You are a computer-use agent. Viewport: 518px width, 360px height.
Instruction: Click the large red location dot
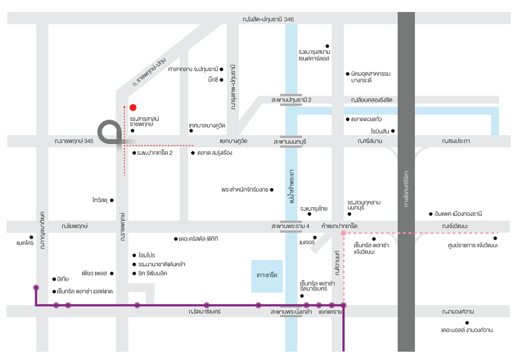pyautogui.click(x=133, y=108)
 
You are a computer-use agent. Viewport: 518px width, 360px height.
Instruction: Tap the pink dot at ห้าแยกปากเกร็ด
pyautogui.click(x=343, y=234)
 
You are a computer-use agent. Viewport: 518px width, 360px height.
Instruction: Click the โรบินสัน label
pyautogui.click(x=379, y=131)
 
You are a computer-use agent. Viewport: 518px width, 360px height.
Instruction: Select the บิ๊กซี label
pyautogui.click(x=212, y=80)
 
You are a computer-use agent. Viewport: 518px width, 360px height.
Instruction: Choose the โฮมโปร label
pyautogui.click(x=147, y=255)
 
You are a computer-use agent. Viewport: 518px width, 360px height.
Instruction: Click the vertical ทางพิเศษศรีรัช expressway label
pyautogui.click(x=406, y=189)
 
